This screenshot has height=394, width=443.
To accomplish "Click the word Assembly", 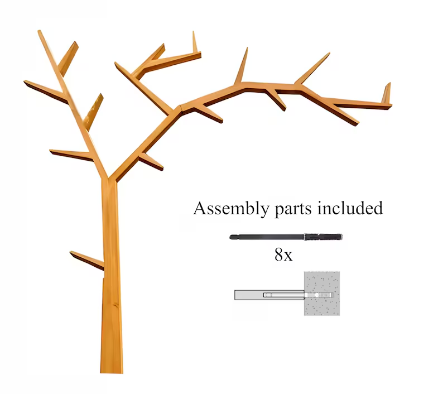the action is coord(231,209).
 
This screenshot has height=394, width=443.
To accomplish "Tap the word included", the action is coord(350,208).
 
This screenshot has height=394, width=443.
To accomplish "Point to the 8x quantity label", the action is coord(283,254).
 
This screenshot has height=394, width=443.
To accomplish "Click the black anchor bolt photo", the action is coord(286,237).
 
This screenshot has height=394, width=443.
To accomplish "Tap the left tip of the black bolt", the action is coord(230,237).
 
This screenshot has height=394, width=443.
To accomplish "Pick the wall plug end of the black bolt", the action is coord(323,237).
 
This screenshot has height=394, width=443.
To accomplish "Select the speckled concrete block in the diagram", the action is coord(322,294).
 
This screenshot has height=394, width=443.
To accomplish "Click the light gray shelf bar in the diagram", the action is coord(269,295).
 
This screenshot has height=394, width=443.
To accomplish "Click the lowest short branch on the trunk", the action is coord(87,260).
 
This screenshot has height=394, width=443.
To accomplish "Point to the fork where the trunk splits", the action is coord(108,178).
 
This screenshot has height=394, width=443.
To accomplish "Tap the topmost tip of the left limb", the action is coord(39,31).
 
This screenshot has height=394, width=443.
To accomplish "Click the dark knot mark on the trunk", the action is coord(115,305).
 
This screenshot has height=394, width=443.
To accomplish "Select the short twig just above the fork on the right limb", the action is coord(151,161).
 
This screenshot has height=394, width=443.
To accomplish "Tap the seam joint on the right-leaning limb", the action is coord(181,110).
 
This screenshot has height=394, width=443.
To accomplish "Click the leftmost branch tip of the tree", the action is coord(25,82).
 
